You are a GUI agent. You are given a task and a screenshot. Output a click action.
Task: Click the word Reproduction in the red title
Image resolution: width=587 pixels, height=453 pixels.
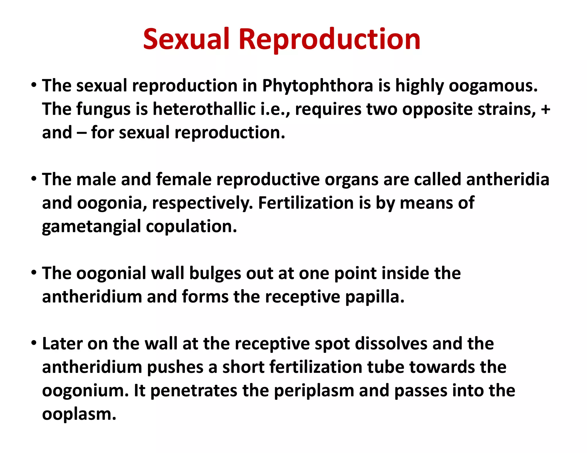point(330,40)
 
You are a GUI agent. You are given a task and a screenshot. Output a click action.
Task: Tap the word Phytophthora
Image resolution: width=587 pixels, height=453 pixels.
point(318,86)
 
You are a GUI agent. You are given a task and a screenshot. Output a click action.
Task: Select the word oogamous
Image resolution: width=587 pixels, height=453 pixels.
point(493,86)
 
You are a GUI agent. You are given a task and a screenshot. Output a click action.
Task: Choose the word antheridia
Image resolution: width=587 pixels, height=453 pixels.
point(508,180)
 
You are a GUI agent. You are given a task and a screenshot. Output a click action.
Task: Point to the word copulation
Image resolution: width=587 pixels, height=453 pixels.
point(191,226)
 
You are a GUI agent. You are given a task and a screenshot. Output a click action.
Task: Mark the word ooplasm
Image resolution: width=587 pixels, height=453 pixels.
point(79,414)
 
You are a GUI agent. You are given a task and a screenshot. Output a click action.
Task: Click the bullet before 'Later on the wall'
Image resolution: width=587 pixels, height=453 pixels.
point(34,343)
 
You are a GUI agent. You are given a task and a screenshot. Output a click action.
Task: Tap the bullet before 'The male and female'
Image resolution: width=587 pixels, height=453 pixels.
point(34,179)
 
